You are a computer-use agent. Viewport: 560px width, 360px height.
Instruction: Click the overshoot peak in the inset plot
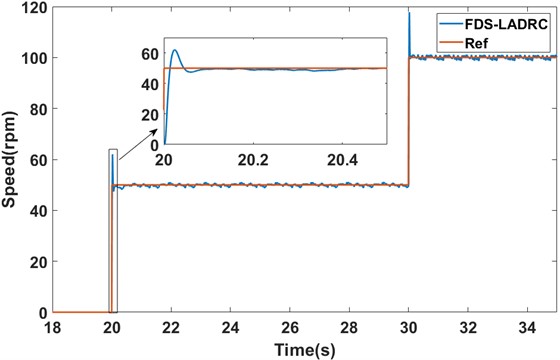coord(176,50)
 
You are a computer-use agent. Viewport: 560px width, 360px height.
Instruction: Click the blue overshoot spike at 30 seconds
coord(409,14)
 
